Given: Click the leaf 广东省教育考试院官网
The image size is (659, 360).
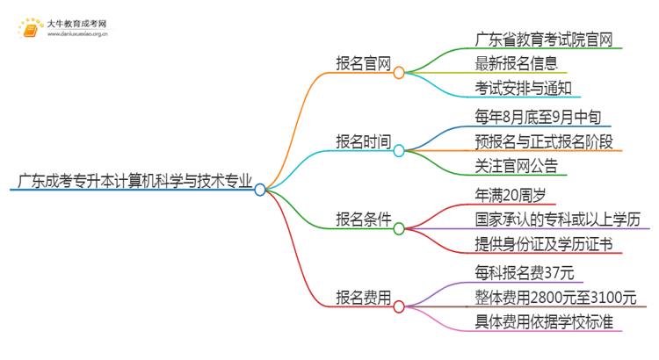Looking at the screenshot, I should point(542,39).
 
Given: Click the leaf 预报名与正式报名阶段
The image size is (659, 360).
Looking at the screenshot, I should point(542,140).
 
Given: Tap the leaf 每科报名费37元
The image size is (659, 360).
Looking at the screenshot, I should point(525,273).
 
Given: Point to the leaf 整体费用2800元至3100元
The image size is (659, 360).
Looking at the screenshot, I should point(554,297).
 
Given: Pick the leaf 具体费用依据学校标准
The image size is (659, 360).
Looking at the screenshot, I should point(542,321).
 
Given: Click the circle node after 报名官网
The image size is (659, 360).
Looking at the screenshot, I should point(399,73).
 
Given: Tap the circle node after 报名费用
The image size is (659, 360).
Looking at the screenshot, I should point(399,307).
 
